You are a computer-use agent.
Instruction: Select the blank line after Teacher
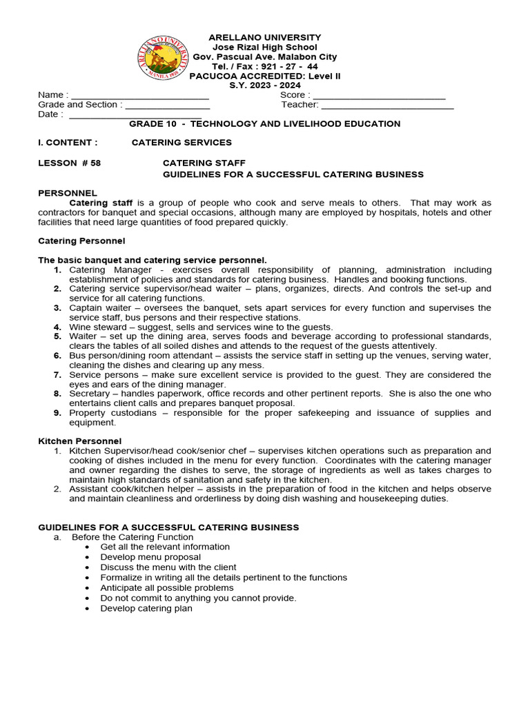click(x=387, y=105)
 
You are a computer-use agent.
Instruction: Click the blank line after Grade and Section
click(x=167, y=105)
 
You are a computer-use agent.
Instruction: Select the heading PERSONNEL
click(x=68, y=193)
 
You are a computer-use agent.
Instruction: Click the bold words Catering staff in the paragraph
click(x=97, y=203)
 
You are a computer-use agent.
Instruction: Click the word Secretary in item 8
click(x=90, y=394)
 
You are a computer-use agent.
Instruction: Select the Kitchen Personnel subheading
click(x=79, y=441)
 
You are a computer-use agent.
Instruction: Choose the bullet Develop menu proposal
click(x=150, y=557)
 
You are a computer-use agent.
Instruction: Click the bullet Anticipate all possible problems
click(x=167, y=588)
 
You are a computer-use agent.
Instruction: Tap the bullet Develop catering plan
click(x=146, y=609)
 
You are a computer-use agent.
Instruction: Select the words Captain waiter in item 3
click(x=99, y=307)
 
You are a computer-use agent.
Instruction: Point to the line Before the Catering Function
click(x=132, y=537)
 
